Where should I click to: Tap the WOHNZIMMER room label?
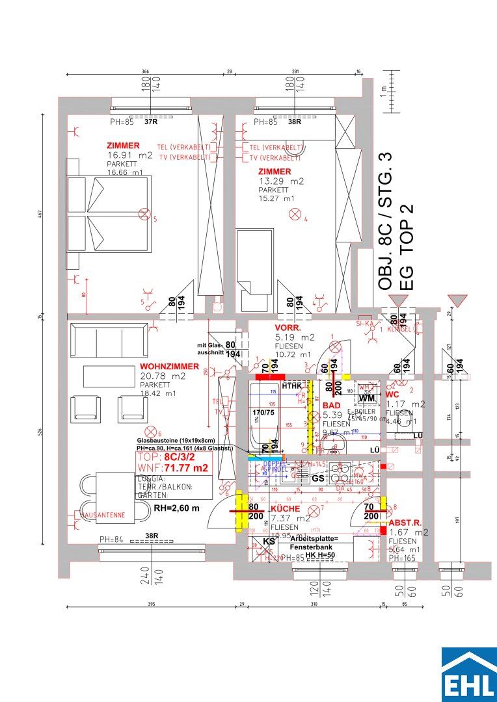coord(169,367)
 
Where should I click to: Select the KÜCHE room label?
coord(286,508)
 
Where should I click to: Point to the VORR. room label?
coord(288,328)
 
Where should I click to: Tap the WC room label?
coord(392,394)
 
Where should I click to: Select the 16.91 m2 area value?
coord(129,155)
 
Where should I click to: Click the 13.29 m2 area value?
coord(281,181)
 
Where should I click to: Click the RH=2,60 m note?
coord(176,508)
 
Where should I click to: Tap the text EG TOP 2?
coord(407,248)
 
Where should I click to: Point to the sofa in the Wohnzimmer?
coord(109,338)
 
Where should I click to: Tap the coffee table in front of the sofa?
coord(109,376)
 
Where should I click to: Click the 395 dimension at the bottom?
coord(152,604)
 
